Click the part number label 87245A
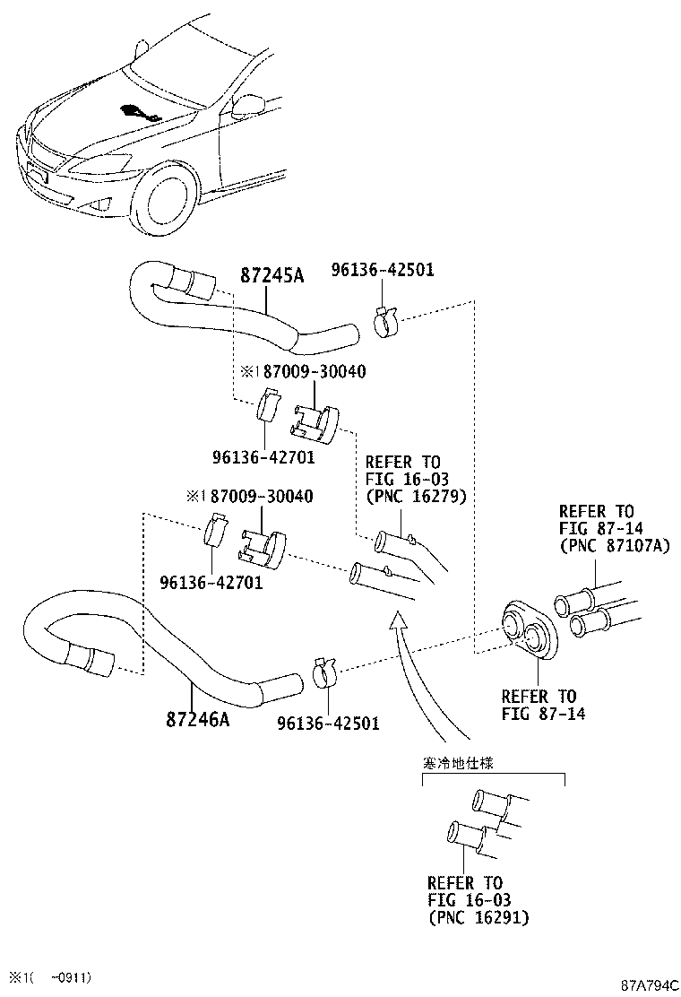[272, 275]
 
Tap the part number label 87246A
[197, 719]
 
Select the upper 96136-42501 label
[383, 270]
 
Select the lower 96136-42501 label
[328, 723]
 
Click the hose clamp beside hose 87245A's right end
[384, 321]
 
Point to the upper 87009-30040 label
[315, 371]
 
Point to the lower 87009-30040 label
[261, 496]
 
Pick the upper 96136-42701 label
[263, 457]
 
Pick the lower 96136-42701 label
[211, 582]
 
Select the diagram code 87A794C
[650, 985]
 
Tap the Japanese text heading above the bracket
[458, 762]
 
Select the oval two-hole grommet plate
[529, 628]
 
